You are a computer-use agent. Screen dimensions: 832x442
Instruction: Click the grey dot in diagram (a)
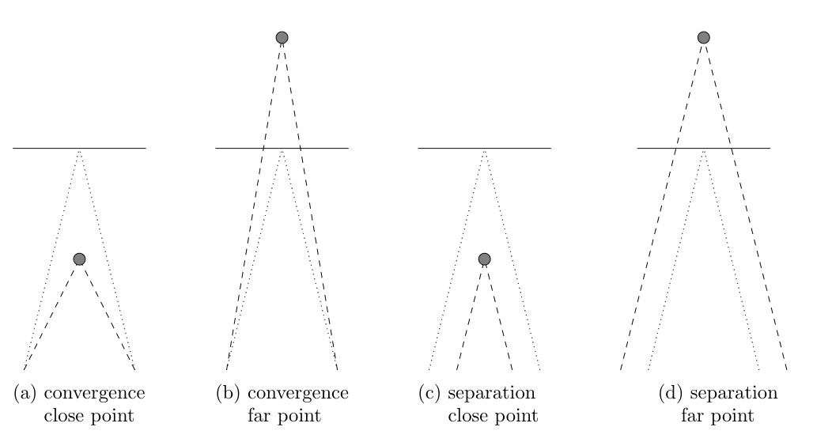click(79, 259)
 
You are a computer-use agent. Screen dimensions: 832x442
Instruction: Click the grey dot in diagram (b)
click(282, 37)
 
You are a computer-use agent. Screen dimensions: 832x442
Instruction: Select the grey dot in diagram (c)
click(485, 259)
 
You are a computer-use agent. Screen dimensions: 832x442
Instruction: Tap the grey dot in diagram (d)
click(704, 37)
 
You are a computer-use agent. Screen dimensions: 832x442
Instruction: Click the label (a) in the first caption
click(25, 393)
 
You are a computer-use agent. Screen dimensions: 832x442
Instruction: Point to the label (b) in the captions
click(228, 393)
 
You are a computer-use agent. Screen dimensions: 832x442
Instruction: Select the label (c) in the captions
click(429, 393)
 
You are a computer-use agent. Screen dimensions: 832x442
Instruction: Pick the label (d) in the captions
click(670, 393)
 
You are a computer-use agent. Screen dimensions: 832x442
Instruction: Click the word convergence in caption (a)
click(94, 394)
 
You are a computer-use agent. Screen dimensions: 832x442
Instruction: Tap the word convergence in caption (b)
click(298, 394)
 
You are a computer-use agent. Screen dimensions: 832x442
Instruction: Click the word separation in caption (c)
click(492, 394)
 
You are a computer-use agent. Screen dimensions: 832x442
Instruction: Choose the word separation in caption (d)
click(734, 394)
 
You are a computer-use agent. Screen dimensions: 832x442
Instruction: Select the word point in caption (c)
click(516, 417)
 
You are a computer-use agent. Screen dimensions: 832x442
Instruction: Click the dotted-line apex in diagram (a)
click(79, 152)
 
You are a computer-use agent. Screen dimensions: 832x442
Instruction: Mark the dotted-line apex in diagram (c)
click(485, 152)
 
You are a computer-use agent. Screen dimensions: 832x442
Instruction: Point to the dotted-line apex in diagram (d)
click(704, 152)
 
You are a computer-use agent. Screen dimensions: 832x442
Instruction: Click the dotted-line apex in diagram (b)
click(282, 152)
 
